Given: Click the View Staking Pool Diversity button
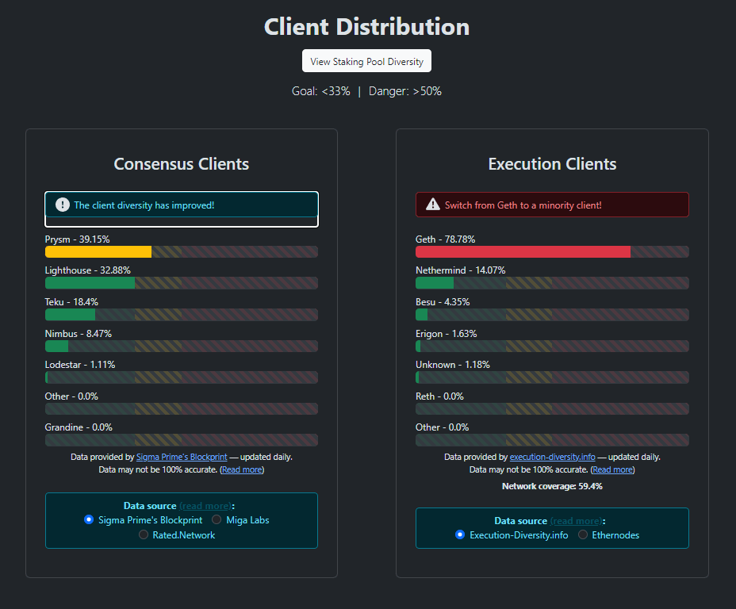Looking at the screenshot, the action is point(366,61).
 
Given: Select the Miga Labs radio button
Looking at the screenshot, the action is point(217,519).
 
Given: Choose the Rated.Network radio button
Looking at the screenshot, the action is point(144,534).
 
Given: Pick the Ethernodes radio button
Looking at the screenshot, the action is point(582,534).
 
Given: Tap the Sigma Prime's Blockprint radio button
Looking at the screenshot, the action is point(89,519).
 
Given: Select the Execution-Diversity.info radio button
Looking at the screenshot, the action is point(460,534).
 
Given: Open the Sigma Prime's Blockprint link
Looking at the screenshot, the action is point(182,457).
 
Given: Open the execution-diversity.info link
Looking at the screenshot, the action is point(553,457).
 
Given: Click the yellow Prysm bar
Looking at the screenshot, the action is point(98,252).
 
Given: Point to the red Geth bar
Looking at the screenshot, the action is point(523,252).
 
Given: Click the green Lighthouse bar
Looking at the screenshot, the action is point(90,283).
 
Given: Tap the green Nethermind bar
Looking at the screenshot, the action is point(435,283).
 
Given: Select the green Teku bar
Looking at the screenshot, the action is point(70,314).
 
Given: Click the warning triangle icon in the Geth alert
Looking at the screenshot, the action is point(433,205).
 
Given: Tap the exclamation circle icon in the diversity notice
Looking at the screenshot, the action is point(63,205).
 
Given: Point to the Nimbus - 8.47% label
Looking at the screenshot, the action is point(79,334).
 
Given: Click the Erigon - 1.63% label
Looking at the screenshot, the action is point(446,334).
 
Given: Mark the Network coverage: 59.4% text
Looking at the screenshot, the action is point(552,486).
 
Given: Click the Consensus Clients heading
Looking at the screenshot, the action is point(181,163).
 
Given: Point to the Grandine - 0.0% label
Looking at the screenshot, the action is point(79,427).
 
